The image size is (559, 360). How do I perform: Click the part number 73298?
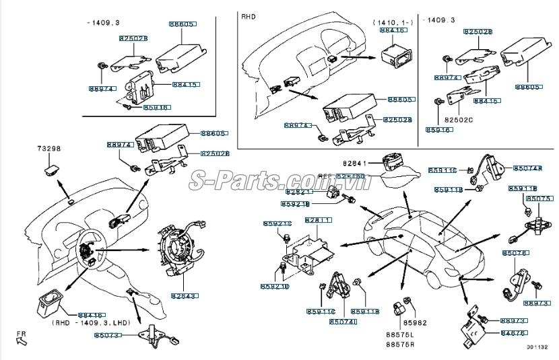[x=48, y=148]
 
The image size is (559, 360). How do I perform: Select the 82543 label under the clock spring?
[x=183, y=295]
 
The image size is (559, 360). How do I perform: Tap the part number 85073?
[x=107, y=334]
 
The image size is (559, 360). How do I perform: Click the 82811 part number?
[x=318, y=220]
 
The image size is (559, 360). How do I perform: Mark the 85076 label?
[x=515, y=252]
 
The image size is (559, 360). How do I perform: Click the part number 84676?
[x=514, y=332]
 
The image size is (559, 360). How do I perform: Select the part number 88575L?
[x=400, y=334]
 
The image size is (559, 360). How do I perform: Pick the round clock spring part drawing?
[x=180, y=250]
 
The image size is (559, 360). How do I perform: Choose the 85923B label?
[x=296, y=203]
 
